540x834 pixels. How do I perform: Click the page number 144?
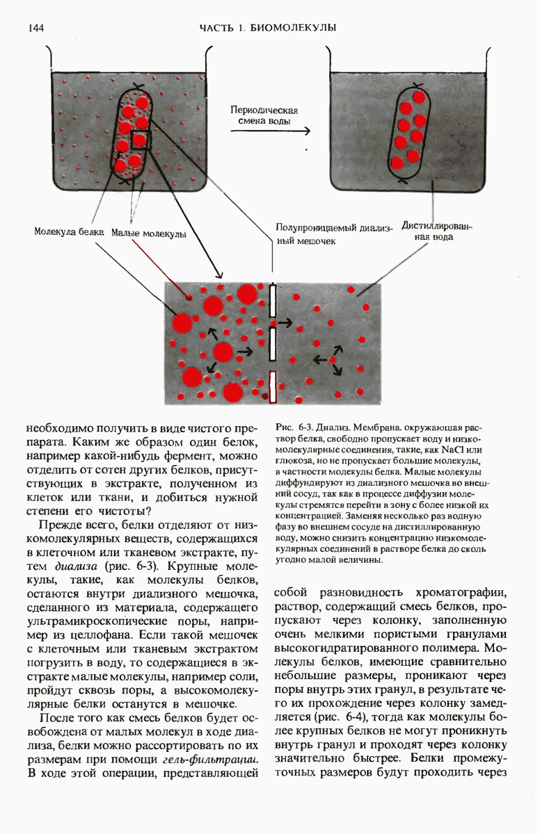[x=36, y=28]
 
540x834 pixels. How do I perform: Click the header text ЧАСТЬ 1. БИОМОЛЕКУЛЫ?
[x=268, y=28]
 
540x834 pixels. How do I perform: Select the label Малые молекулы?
[x=149, y=234]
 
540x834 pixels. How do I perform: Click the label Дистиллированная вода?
[x=437, y=231]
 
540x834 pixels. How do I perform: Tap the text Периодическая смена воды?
[x=264, y=115]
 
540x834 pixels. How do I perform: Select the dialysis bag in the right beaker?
[x=411, y=132]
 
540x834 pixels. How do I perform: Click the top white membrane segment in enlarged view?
[x=273, y=301]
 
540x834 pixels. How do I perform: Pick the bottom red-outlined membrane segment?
[x=273, y=387]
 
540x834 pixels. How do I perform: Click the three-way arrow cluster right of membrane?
[x=329, y=360]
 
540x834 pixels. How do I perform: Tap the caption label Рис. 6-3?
[x=292, y=426]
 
